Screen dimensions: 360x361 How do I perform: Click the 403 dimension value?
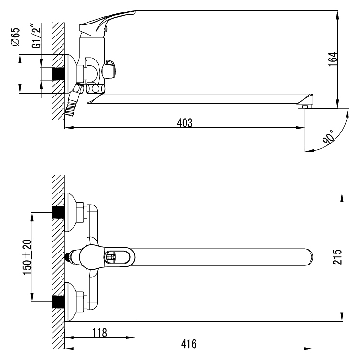point(185,123)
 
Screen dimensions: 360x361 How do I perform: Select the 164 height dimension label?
point(333,60)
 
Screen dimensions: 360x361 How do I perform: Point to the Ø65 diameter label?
point(15,37)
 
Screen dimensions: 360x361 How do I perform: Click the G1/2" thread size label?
point(37,36)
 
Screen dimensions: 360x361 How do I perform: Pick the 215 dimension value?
point(337,257)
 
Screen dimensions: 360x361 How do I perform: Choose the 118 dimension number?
point(99,333)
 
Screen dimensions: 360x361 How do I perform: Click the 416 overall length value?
point(189,344)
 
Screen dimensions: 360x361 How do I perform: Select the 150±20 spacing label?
point(27,257)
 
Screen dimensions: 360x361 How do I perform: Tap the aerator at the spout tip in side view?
point(305,106)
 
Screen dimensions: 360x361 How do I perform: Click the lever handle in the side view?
point(107,22)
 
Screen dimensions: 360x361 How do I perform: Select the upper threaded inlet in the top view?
point(58,212)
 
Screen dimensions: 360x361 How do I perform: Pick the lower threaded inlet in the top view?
point(58,301)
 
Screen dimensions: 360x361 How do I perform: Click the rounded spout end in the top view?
point(309,257)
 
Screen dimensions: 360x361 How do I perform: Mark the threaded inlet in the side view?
point(58,73)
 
